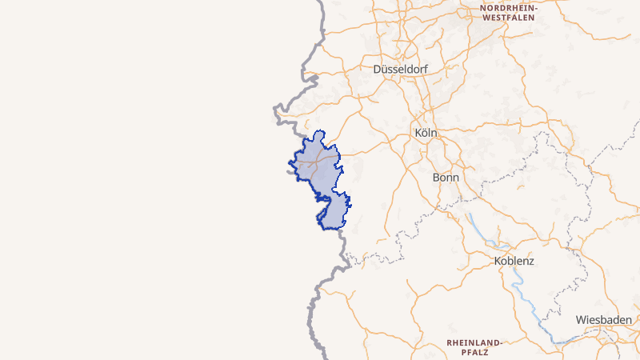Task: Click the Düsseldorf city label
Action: click(x=400, y=70)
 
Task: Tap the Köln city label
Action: click(x=426, y=132)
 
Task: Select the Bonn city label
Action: click(x=446, y=177)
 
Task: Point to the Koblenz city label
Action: click(x=514, y=261)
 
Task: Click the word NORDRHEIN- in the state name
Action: click(x=509, y=7)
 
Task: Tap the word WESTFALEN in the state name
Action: click(x=509, y=17)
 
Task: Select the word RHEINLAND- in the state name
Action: click(x=474, y=342)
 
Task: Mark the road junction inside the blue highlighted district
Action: click(x=320, y=158)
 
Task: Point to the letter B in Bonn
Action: click(x=436, y=177)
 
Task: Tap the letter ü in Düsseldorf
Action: click(x=385, y=70)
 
